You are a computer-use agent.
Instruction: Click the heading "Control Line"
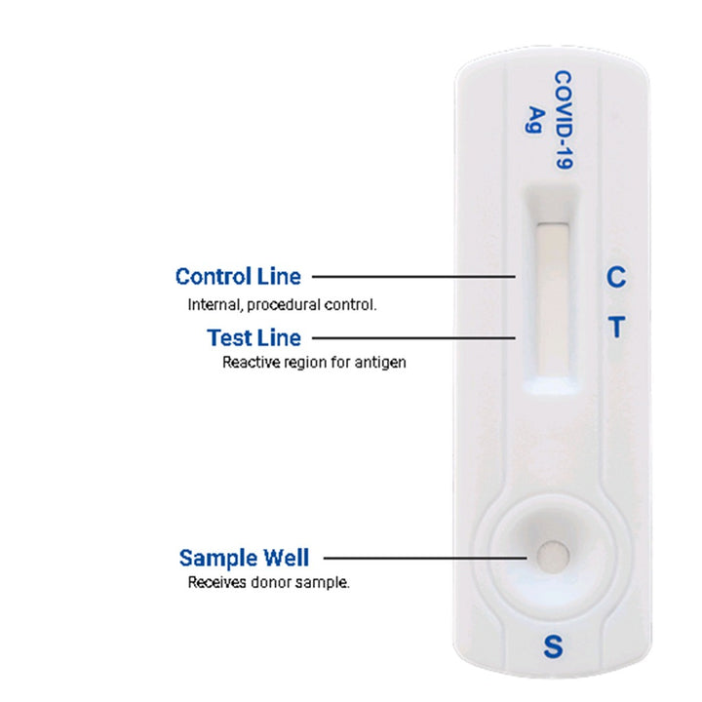[x=238, y=276]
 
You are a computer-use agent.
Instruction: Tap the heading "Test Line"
[x=253, y=337]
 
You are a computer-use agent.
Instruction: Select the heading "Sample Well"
[x=244, y=558]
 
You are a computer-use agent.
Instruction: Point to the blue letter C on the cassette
[x=616, y=277]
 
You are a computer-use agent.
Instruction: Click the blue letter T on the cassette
[x=617, y=327]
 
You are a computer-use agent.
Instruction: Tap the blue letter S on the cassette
[x=554, y=646]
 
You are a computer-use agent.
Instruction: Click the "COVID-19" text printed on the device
[x=564, y=120]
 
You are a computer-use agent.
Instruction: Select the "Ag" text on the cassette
[x=534, y=119]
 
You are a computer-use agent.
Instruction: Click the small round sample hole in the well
[x=553, y=556]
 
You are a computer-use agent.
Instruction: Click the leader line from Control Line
[x=413, y=277]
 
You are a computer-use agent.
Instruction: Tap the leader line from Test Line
[x=413, y=338]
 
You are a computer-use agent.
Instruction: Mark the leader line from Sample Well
[x=425, y=558]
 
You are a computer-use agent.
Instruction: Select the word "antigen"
[x=380, y=362]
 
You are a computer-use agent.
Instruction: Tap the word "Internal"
[x=215, y=305]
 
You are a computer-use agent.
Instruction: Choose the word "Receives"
[x=216, y=582]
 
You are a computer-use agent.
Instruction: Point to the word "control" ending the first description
[x=350, y=305]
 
